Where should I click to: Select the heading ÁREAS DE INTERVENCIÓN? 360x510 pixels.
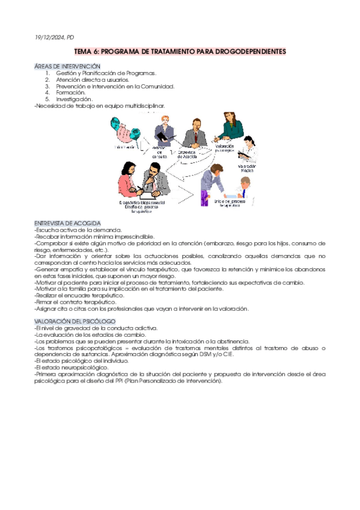click(x=67, y=66)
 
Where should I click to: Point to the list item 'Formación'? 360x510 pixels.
click(x=71, y=93)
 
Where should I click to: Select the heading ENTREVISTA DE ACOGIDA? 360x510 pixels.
click(x=67, y=223)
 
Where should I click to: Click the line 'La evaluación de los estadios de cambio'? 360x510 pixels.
click(x=90, y=334)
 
